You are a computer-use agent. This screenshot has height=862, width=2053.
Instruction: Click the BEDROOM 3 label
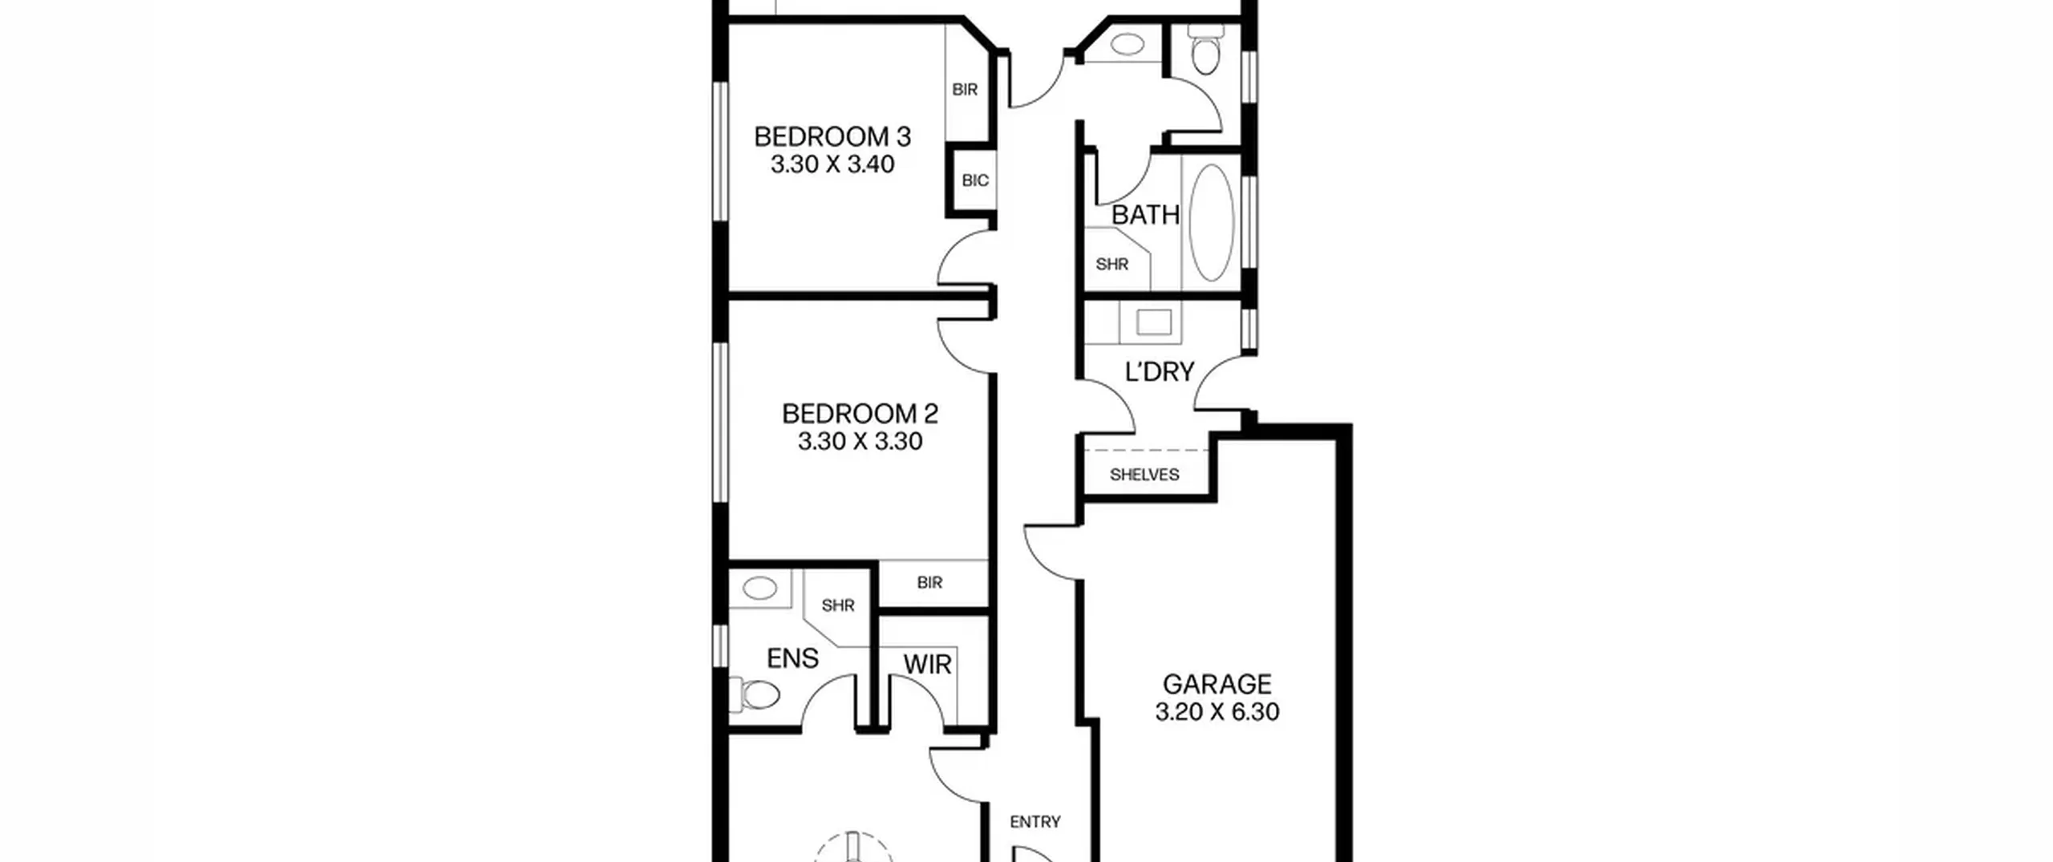point(832,137)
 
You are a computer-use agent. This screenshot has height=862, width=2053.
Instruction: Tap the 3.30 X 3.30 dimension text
point(860,441)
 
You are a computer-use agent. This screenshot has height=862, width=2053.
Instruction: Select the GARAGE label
point(1217,684)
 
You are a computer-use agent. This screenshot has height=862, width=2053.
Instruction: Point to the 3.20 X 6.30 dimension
point(1217,712)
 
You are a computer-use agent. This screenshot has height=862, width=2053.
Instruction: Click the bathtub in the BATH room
point(1211,223)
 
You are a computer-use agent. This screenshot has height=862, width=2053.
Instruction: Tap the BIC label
point(974,180)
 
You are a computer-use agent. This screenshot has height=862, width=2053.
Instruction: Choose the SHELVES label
point(1144,475)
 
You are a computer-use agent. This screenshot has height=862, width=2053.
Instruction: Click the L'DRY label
point(1160,372)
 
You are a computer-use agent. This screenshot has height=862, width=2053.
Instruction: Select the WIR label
point(927,665)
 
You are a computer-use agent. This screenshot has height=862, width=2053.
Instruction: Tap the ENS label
point(792,658)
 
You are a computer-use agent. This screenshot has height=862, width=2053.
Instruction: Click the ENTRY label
point(1035,822)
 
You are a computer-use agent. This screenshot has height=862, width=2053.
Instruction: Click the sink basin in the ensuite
point(759,589)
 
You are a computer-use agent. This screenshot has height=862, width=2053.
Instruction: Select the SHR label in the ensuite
point(838,605)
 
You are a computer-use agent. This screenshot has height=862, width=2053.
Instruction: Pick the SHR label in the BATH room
point(1112,264)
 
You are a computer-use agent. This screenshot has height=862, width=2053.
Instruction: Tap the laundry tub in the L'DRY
point(1154,323)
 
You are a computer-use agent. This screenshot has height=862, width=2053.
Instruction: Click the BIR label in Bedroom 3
point(965,90)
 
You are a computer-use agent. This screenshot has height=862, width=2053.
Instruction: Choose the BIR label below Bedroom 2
point(929,583)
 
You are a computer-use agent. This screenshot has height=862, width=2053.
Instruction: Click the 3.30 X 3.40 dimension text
point(832,164)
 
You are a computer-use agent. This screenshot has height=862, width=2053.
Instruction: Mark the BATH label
point(1145,215)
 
